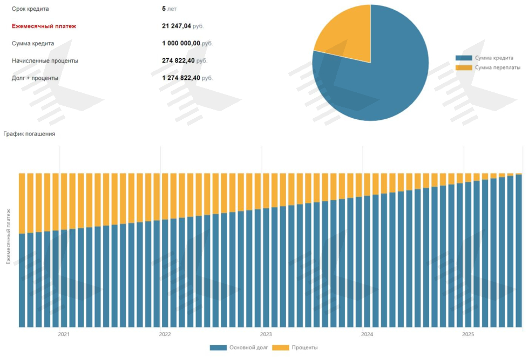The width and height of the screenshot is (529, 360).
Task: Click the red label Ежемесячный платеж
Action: [x=44, y=26]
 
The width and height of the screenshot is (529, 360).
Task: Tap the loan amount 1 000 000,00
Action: [x=181, y=43]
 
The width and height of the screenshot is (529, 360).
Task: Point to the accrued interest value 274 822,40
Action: [x=178, y=60]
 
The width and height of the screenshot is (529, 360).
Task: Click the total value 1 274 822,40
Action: [x=181, y=78]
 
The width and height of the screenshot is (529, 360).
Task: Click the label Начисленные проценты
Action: [x=45, y=60]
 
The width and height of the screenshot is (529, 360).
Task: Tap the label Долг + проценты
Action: [x=35, y=78]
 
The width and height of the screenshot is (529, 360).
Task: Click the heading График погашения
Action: [x=29, y=133]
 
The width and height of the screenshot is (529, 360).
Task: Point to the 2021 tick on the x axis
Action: [x=64, y=335]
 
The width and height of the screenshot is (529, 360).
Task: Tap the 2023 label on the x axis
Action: [x=266, y=335]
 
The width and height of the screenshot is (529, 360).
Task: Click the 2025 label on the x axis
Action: [x=468, y=335]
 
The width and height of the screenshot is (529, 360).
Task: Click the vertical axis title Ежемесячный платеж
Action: [x=9, y=236]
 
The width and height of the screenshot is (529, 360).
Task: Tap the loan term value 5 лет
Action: [x=169, y=9]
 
